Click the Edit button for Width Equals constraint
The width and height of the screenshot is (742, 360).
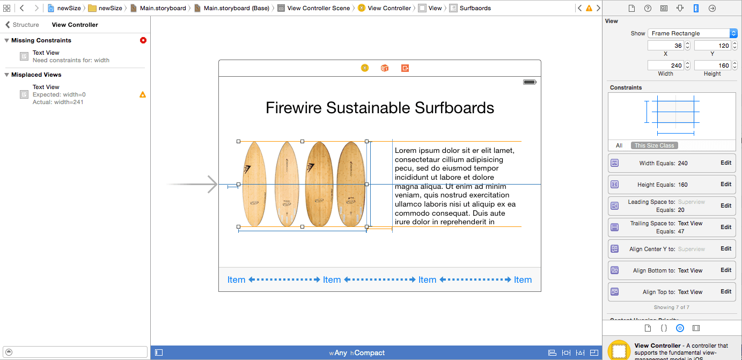(725, 163)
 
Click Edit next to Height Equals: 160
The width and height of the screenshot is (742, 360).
(725, 185)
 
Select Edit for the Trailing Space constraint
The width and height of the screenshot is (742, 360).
(725, 227)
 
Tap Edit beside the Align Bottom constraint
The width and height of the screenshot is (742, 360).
(725, 270)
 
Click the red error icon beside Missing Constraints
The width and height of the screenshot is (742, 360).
(143, 40)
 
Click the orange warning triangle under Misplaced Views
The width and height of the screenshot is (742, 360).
(143, 95)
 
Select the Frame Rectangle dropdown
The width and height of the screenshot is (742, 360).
(692, 33)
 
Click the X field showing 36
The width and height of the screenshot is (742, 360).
(665, 46)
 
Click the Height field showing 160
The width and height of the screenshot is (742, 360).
(712, 65)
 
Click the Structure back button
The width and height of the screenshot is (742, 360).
(22, 25)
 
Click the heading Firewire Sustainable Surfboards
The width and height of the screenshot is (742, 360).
(380, 108)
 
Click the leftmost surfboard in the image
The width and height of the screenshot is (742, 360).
(254, 184)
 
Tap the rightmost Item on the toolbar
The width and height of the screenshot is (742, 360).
(523, 280)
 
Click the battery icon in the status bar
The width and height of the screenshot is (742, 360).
(530, 82)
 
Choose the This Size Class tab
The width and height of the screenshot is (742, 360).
(654, 145)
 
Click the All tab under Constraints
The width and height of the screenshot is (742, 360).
(619, 145)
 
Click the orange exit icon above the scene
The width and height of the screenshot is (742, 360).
(405, 68)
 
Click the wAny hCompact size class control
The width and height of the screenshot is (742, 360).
(357, 353)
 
